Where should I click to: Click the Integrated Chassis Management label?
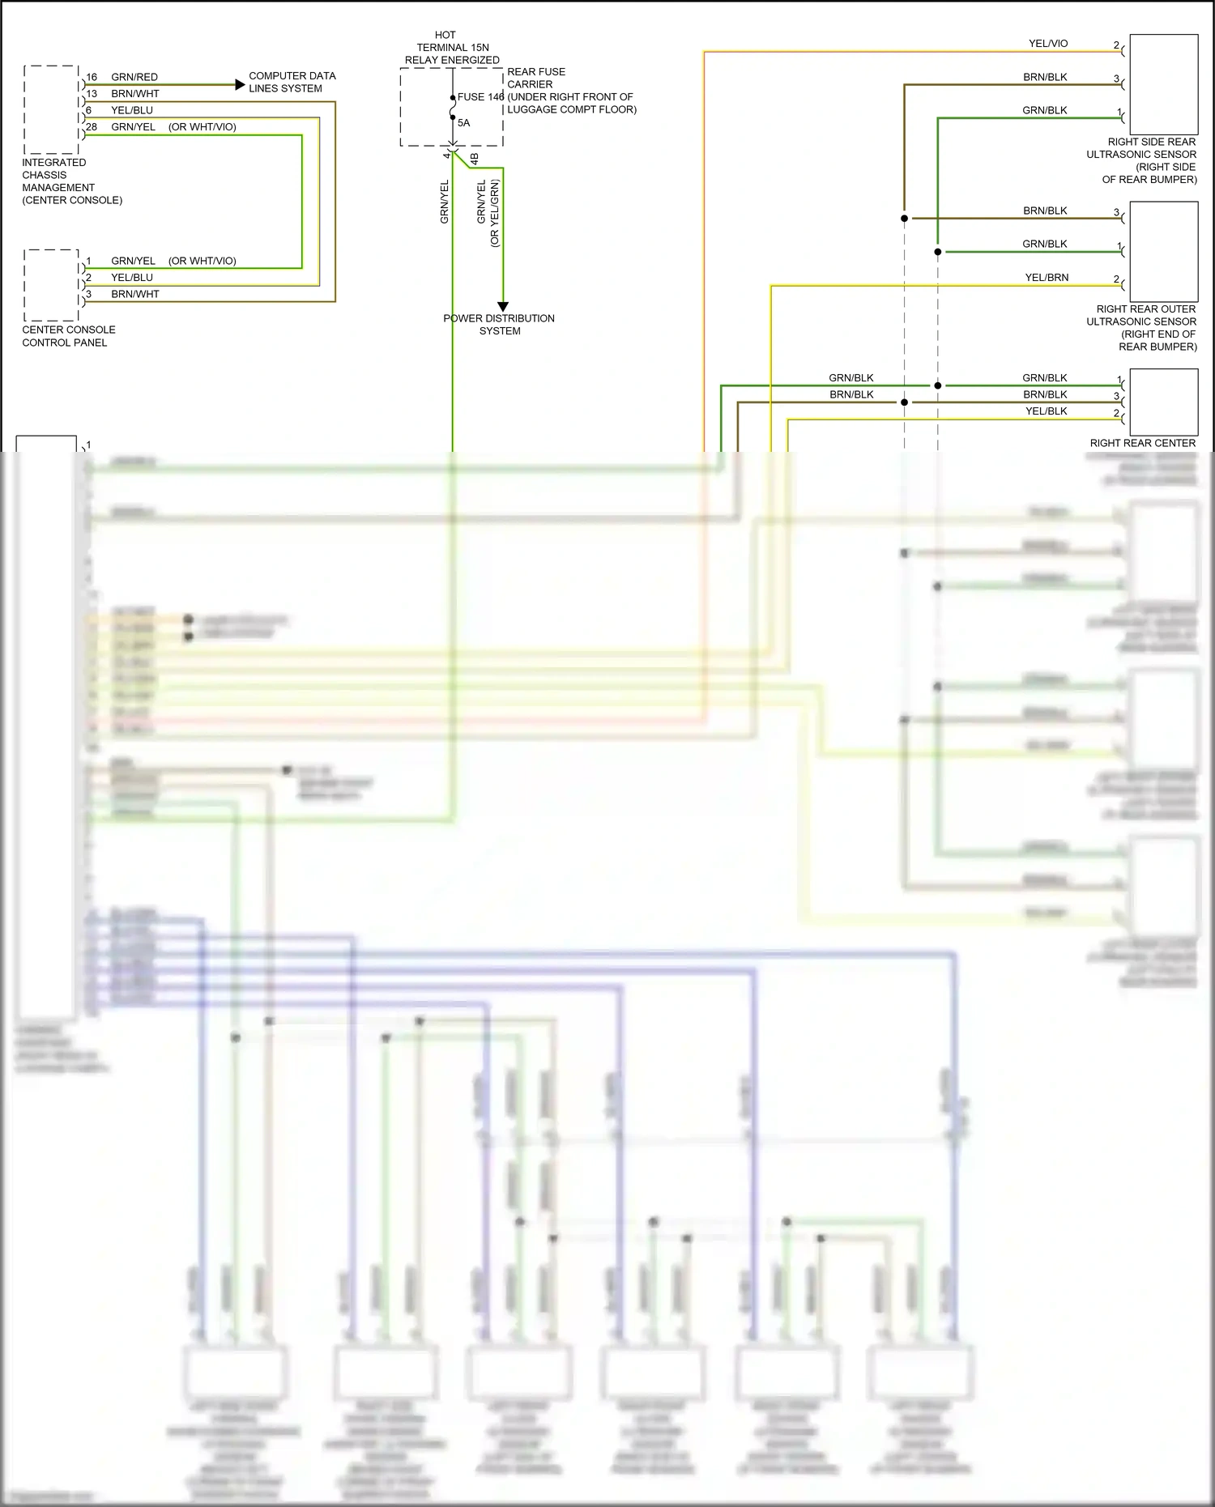coord(71,181)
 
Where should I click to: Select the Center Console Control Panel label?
coord(68,336)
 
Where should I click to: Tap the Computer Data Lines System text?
coord(292,82)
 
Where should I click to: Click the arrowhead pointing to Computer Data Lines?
coord(240,84)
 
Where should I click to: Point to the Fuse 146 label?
coord(480,97)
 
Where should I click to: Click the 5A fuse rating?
coord(463,123)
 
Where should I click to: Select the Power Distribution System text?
coord(499,325)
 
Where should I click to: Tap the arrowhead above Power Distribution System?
coord(503,307)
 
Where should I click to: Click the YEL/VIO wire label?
coord(1048,44)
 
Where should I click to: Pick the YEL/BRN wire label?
coord(1047,278)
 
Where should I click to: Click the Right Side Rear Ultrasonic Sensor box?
coord(1163,78)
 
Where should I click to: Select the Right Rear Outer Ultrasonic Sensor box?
coord(1163,252)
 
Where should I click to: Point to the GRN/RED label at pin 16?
coord(134,78)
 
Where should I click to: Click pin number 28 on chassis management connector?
coord(92,127)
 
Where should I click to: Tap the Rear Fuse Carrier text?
coord(535,78)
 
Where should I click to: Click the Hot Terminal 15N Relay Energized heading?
coord(452,48)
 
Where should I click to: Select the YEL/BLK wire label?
coord(1046,411)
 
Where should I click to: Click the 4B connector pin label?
coord(475,159)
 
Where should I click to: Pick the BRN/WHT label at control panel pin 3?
coord(134,295)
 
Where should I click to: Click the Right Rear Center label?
coord(1142,444)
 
